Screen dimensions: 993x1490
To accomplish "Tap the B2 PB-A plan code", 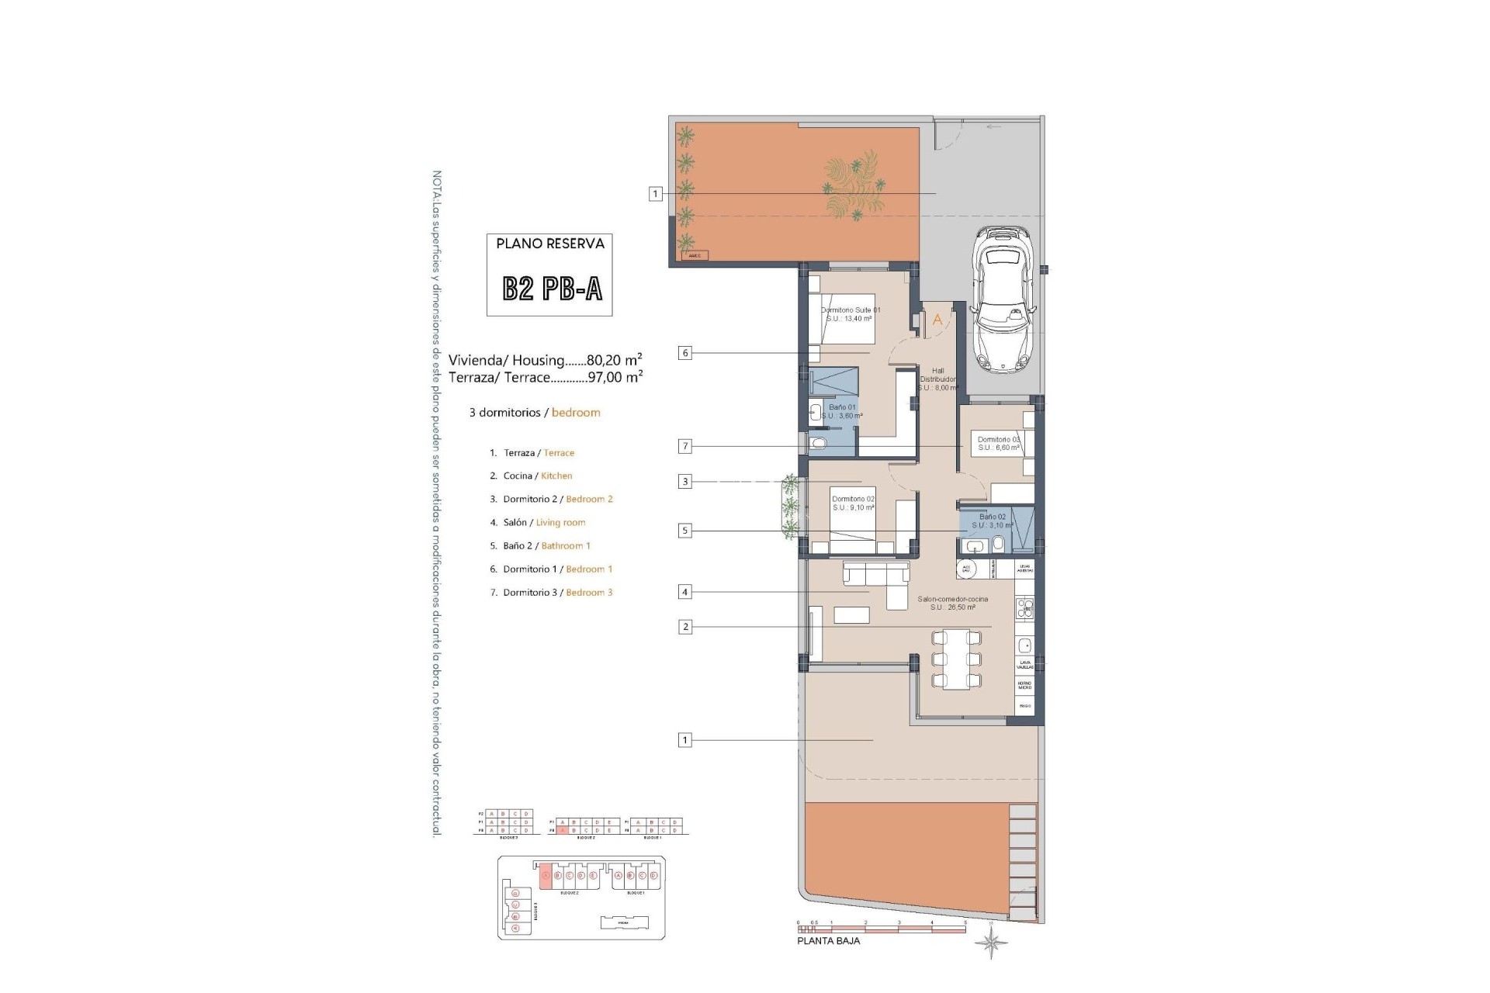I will [x=552, y=289].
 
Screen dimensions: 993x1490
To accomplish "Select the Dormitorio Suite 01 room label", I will [x=851, y=314].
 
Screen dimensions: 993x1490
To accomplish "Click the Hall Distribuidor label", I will [x=937, y=379].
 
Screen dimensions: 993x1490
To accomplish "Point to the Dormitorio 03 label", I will [x=999, y=443].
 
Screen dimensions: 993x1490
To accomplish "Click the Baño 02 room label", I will [x=992, y=521].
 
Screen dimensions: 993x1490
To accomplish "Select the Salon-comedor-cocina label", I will [x=952, y=603].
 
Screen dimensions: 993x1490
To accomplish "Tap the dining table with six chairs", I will [x=955, y=659].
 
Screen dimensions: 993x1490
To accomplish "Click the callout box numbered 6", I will [x=684, y=353].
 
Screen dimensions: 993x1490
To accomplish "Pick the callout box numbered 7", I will [x=684, y=446].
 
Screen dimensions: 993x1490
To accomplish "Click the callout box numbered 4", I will [x=684, y=592].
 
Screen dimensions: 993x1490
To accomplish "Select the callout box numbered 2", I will [x=684, y=627].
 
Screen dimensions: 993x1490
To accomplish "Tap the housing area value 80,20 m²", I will [x=614, y=360].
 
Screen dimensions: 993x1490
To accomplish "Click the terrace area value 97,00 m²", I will [x=614, y=378].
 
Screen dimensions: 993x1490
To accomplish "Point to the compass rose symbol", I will [x=992, y=943].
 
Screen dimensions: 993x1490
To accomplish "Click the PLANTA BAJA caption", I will [x=828, y=941].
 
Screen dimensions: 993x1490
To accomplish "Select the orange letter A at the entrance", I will [x=937, y=320].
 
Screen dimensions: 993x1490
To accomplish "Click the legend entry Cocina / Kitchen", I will [x=537, y=476].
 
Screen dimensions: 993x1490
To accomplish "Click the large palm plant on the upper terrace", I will [x=853, y=186].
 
